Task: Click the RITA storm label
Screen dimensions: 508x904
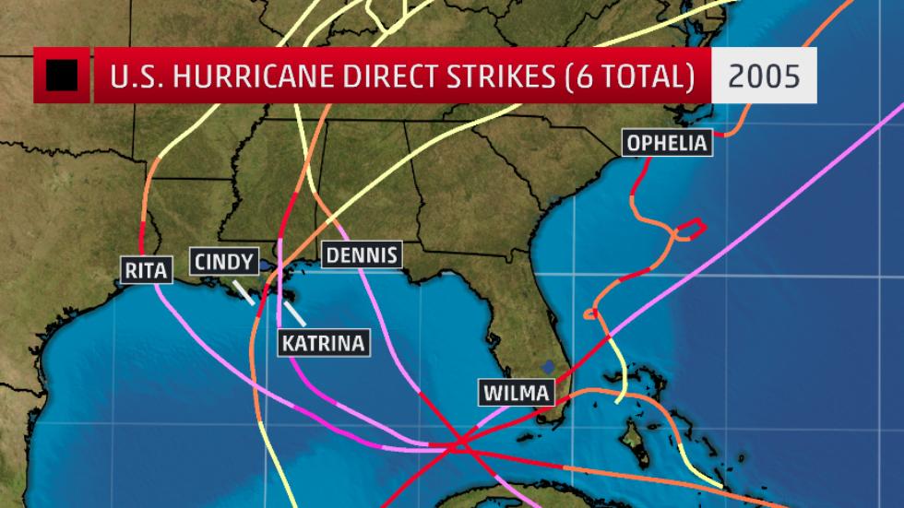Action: coord(147,270)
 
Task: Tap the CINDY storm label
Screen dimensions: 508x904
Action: coord(222,261)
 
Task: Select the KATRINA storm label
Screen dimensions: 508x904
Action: coord(323,343)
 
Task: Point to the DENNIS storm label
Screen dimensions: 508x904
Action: coord(363,254)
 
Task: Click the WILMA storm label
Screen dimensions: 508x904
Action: coord(517,393)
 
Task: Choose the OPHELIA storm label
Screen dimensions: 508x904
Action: coord(667,143)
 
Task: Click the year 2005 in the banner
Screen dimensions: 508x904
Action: coord(764,76)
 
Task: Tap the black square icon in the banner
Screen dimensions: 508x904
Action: coord(62,76)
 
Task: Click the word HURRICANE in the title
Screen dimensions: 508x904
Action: coord(240,77)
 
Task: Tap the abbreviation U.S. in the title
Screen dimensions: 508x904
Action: coord(135,77)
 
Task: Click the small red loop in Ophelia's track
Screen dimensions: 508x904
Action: coord(693,225)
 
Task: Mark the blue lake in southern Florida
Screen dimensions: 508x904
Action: coord(549,366)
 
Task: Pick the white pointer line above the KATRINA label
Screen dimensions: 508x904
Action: coord(294,313)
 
